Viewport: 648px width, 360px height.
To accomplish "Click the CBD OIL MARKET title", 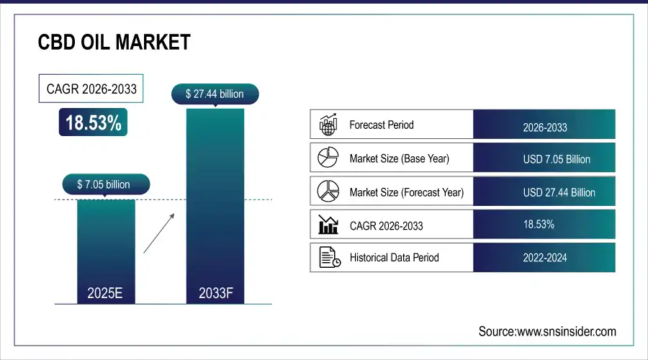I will [114, 42].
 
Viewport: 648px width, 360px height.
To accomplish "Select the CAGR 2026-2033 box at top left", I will [89, 90].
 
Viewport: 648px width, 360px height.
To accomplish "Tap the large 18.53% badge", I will [94, 123].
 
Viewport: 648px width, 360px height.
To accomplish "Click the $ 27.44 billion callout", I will [215, 94].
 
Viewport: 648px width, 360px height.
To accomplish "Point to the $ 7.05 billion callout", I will [104, 184].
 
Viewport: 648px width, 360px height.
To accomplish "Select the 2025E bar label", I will [104, 294].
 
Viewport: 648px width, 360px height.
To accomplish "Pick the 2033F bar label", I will [215, 294].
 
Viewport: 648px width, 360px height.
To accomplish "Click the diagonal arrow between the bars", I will [158, 232].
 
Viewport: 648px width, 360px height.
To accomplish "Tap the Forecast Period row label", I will [382, 125].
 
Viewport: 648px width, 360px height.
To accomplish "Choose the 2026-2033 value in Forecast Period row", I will [544, 127].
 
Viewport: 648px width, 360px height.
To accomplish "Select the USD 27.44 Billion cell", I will [559, 193].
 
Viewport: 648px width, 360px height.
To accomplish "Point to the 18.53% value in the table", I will [539, 225].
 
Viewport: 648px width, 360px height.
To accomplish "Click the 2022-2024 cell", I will [544, 258].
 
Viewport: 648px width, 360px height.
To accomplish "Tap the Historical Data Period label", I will [394, 257].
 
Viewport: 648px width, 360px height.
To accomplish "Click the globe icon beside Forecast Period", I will [328, 125].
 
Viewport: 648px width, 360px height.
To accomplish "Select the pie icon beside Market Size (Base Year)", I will [328, 158].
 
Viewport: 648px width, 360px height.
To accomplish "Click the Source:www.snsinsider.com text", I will [547, 331].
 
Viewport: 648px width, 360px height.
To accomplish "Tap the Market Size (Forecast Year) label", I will [406, 192].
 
